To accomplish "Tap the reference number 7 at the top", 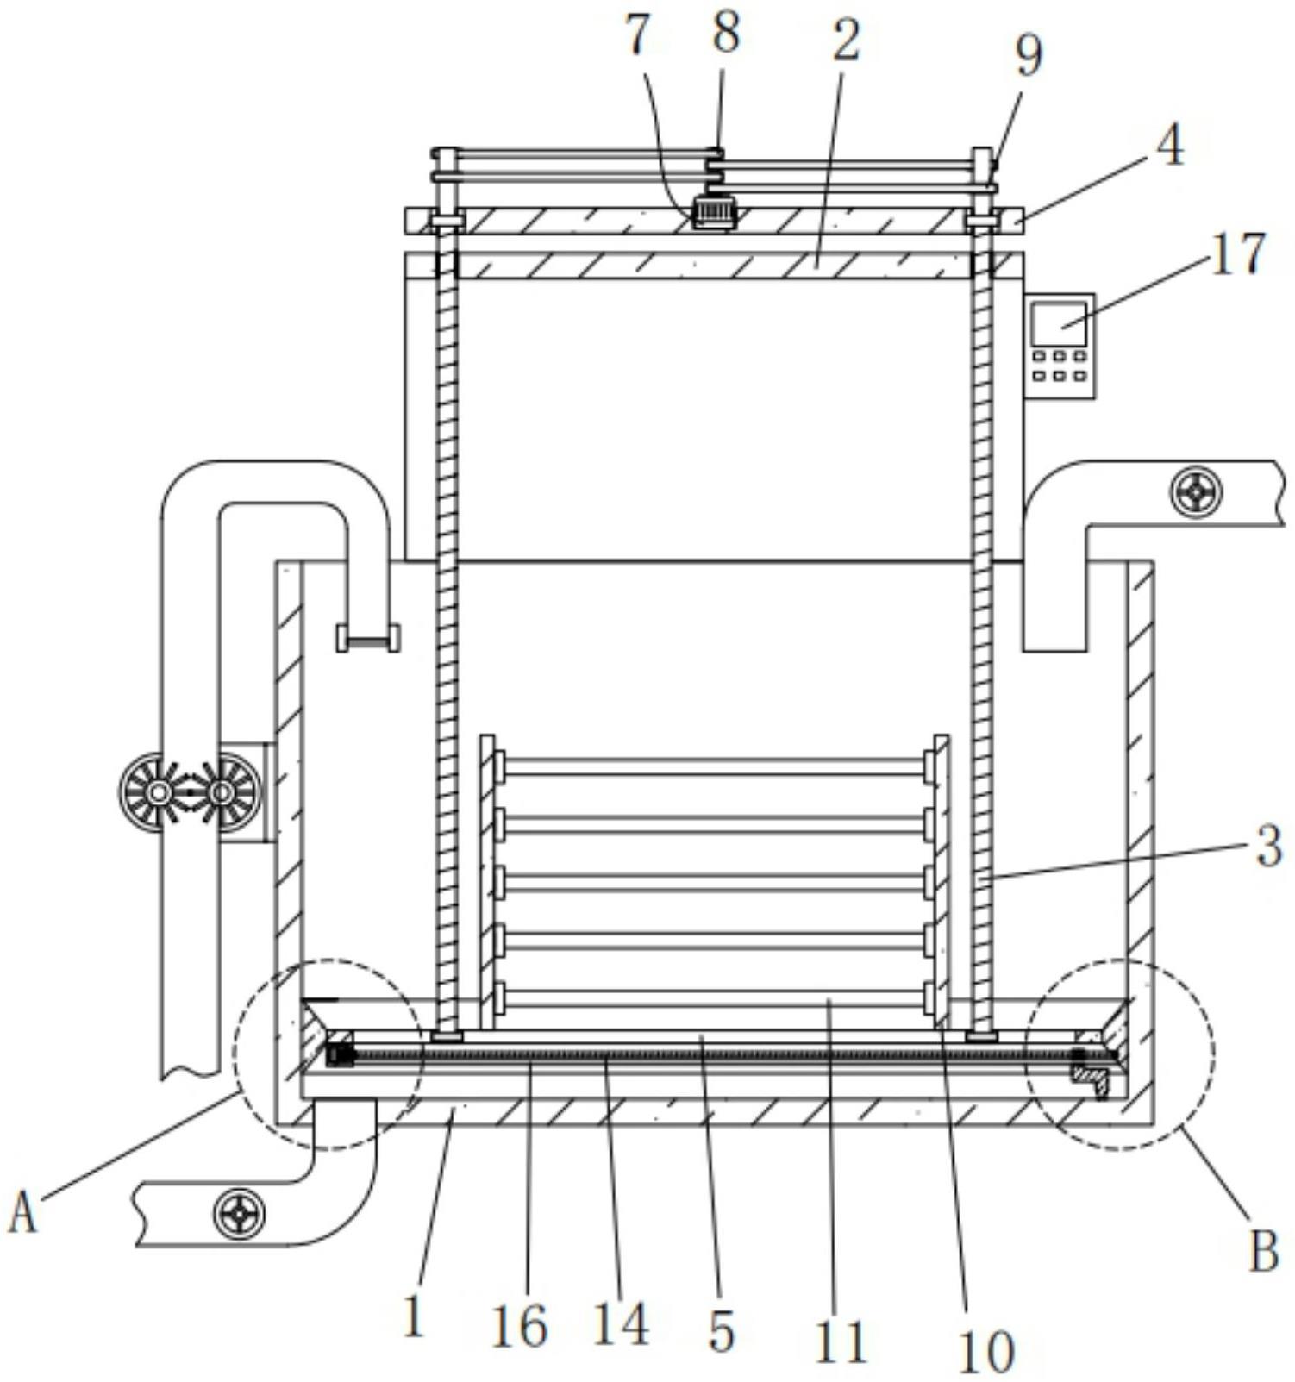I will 636,36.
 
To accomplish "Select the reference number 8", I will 725,34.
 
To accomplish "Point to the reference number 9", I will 1027,55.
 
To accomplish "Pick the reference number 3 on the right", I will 1268,846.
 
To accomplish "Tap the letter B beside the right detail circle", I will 1263,1251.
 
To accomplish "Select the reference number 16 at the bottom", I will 519,1326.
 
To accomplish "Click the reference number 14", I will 620,1323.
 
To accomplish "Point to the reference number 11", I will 841,1341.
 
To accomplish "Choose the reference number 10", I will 985,1351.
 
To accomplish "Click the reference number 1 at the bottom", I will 415,1317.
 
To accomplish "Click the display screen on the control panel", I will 1060,324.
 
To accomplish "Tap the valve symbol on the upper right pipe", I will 1196,492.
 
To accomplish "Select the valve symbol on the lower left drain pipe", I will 240,1214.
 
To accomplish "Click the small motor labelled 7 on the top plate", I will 714,212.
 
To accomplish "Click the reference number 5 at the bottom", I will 721,1330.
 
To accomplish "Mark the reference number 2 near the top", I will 846,39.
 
